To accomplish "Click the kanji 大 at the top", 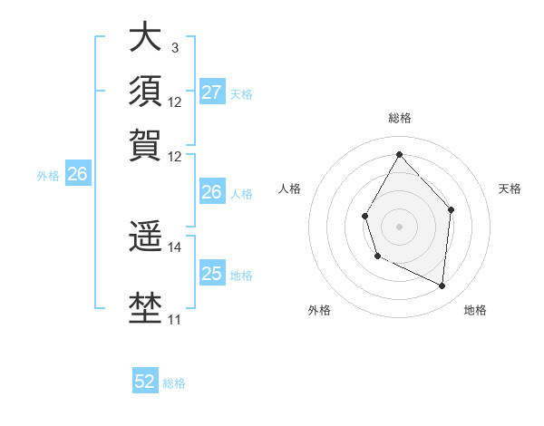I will (144, 38).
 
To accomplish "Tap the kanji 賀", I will (144, 144).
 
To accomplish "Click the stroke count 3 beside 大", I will (174, 48).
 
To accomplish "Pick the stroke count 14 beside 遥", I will (174, 247).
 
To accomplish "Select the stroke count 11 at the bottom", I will (174, 319).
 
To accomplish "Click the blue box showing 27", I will (212, 92).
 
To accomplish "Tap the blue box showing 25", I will (212, 274).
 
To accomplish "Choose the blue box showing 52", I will (145, 382).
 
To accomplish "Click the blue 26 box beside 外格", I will (77, 175).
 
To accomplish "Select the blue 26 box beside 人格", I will (212, 192).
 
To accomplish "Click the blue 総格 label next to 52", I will (174, 383).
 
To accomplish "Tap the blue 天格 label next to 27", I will (241, 93).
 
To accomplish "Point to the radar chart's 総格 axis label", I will (399, 118).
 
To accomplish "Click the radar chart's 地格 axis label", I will (475, 310).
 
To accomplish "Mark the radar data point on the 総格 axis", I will (399, 154).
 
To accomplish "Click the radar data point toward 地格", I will (442, 286).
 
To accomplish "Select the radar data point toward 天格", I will (451, 210).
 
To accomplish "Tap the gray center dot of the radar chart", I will (399, 226).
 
